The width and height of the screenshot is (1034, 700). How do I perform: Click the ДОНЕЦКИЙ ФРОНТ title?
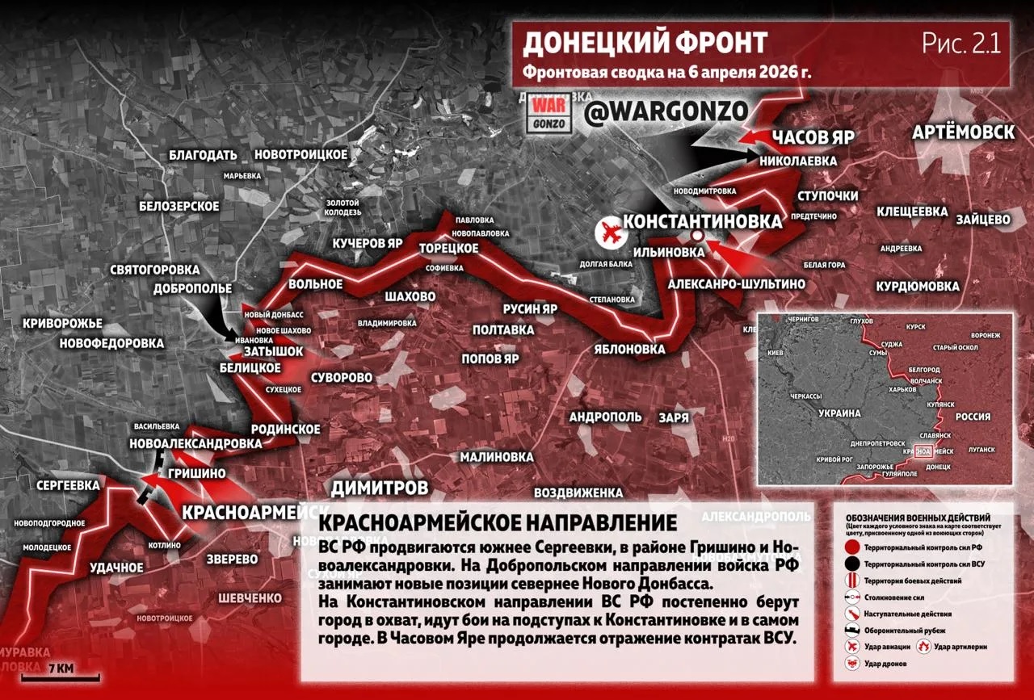[645, 43]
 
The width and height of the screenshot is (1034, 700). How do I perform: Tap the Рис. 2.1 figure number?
[961, 44]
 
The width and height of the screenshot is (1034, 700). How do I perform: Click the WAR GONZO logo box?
[550, 115]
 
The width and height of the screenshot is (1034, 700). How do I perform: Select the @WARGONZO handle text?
[666, 113]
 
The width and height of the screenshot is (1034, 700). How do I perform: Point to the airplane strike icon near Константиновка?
[611, 233]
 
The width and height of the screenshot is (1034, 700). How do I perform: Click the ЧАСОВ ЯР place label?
[813, 137]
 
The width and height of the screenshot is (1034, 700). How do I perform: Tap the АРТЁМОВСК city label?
[964, 132]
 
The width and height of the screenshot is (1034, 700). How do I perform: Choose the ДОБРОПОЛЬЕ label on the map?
[193, 288]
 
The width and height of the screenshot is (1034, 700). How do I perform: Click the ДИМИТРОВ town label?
[379, 488]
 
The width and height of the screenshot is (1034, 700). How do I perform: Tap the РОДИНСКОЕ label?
[286, 429]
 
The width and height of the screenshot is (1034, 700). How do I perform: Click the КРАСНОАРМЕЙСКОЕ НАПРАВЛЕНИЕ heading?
[498, 522]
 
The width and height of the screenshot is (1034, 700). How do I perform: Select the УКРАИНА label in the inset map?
[840, 413]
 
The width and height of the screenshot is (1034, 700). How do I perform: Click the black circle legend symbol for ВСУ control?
[851, 564]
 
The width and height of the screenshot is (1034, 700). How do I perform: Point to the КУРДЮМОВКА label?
[918, 287]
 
